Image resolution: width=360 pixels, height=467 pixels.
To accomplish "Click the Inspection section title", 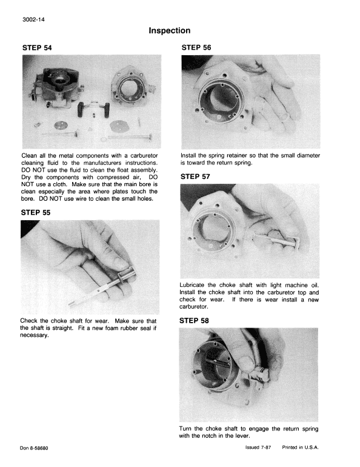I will [x=170, y=30].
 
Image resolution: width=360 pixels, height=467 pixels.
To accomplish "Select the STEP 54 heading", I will [x=41, y=48].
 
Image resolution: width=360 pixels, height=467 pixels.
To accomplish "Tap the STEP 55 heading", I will [x=41, y=213].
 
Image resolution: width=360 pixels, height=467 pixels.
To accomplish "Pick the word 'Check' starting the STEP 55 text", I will [x=32, y=321].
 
